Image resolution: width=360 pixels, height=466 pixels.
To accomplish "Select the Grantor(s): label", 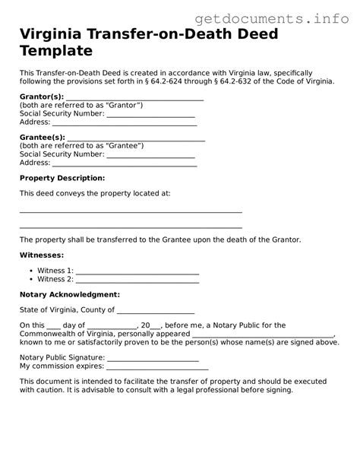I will click(42, 97).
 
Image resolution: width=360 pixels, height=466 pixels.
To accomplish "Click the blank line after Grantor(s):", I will click(135, 98).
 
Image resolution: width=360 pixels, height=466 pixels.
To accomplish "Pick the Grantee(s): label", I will click(43, 138).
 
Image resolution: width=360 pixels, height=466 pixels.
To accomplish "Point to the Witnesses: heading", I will click(42, 255).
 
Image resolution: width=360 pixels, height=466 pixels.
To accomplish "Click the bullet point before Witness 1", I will click(29, 271).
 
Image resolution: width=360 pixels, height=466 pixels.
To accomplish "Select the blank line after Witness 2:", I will click(137, 280).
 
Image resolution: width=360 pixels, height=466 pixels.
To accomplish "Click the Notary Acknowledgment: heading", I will click(69, 294).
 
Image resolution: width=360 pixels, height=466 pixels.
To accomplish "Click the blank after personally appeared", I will click(262, 334).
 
